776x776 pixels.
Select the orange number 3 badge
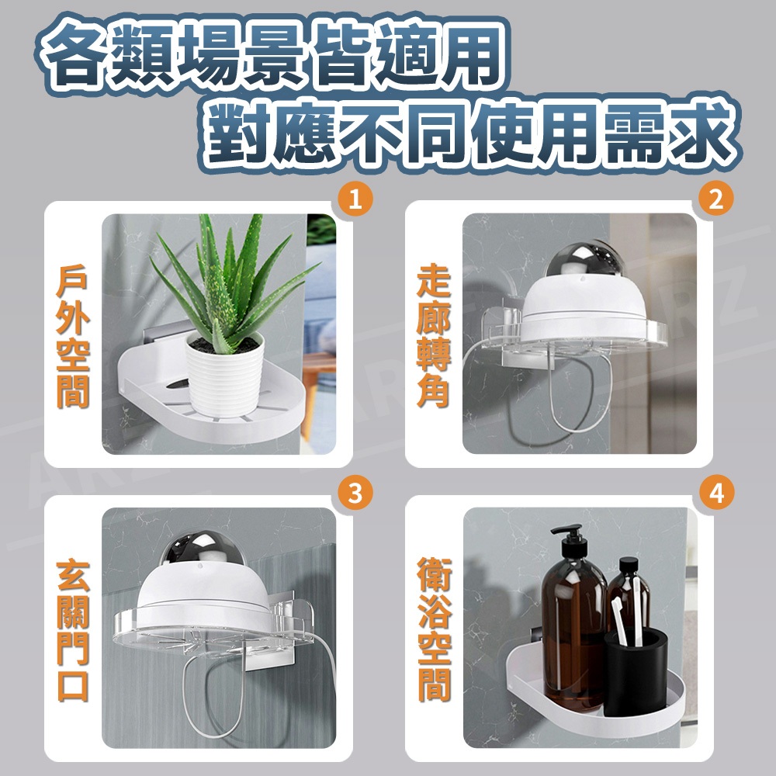point(355,494)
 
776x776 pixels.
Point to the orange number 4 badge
point(716,494)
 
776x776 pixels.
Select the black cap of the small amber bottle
point(629,566)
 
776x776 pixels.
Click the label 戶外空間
point(73,337)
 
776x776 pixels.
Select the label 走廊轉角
point(433,337)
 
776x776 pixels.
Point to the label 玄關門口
point(73,630)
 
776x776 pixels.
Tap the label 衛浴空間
point(434,630)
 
